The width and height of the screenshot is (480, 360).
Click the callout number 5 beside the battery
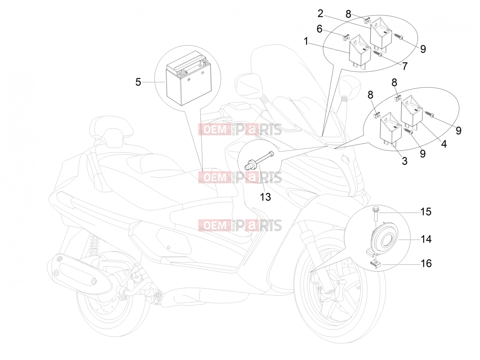click(138, 82)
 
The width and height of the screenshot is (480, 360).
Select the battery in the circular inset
click(188, 78)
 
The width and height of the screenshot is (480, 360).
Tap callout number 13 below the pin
click(265, 197)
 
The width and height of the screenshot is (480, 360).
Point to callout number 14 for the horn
click(426, 239)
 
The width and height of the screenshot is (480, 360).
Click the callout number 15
click(426, 211)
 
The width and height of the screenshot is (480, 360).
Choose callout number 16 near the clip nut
click(426, 263)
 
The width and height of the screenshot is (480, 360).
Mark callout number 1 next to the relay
click(306, 41)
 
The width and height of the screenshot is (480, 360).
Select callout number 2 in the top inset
click(320, 13)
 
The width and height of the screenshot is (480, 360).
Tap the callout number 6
click(319, 29)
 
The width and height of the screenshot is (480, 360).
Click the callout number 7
click(405, 66)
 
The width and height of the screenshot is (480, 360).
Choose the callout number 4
click(444, 144)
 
